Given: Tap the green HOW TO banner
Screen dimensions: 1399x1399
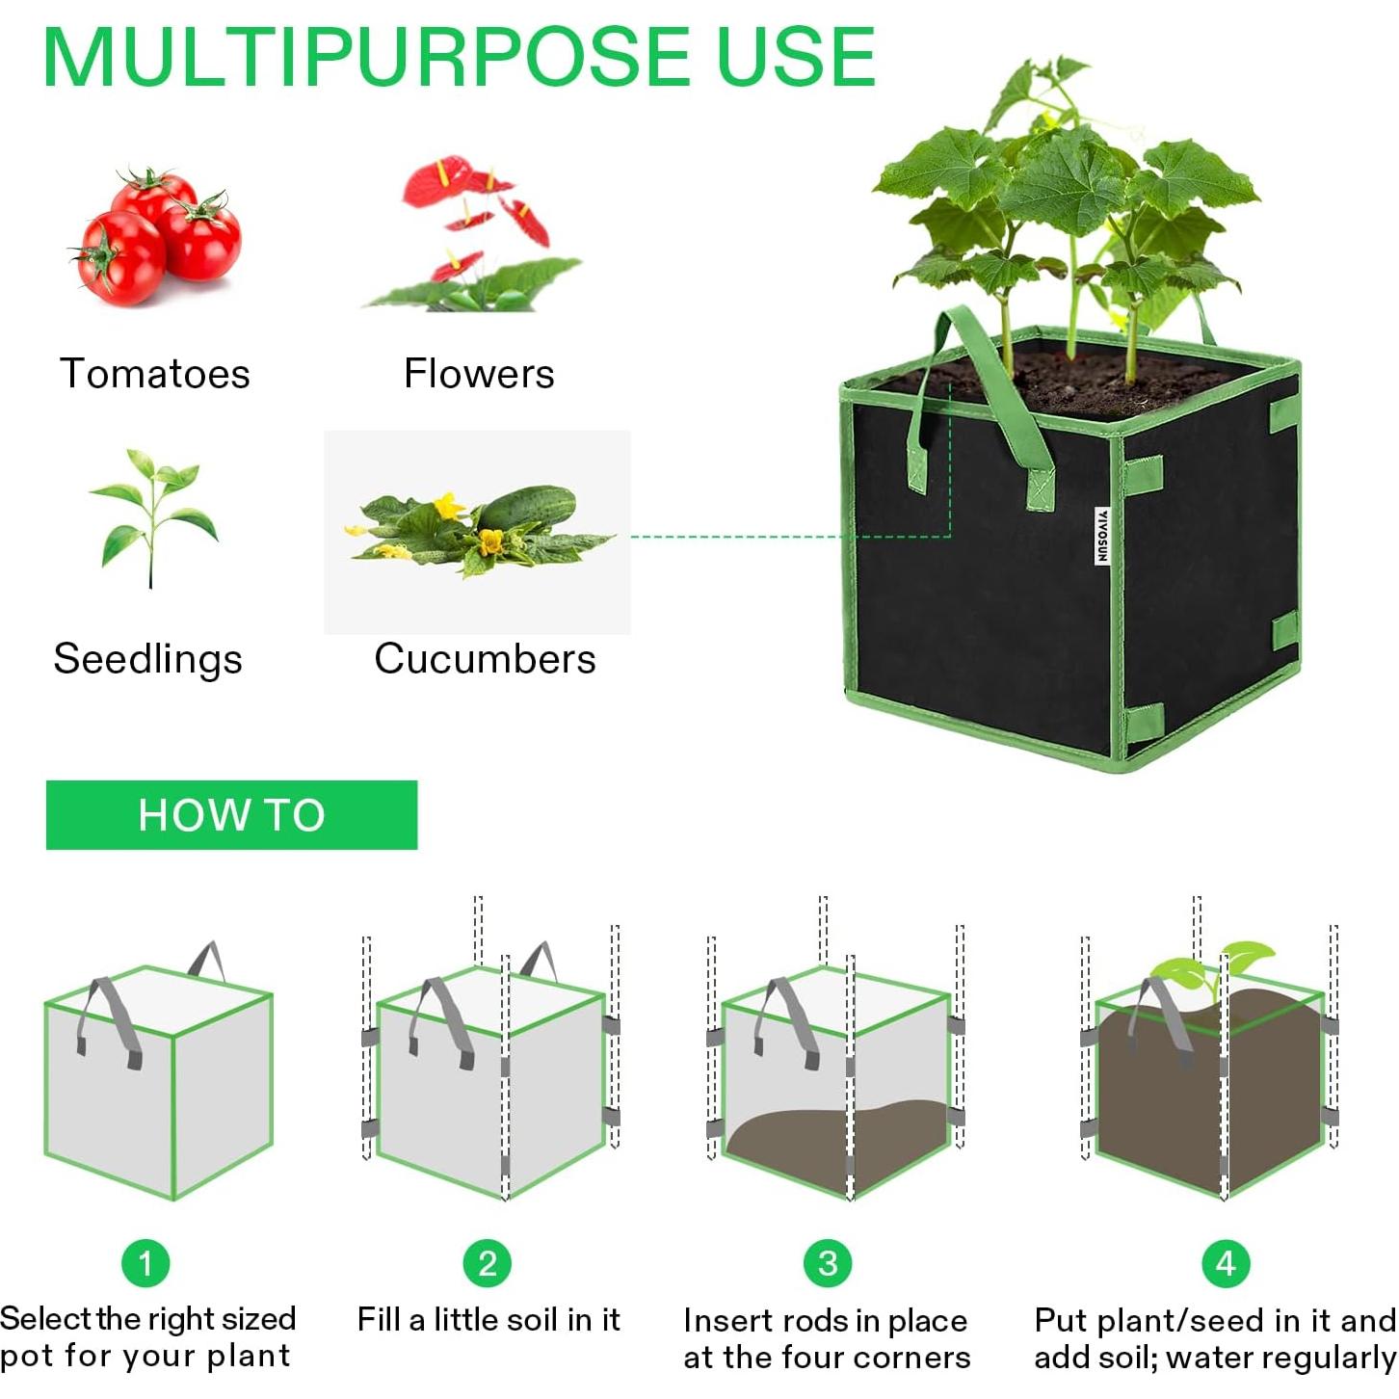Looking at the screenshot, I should click(x=231, y=815).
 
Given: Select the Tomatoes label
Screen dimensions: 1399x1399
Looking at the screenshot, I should click(x=155, y=374).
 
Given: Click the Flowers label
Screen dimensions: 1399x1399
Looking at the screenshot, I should click(x=479, y=374).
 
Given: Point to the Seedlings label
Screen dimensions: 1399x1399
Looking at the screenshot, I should click(x=148, y=660).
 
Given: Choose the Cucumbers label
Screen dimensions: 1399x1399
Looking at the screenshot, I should click(x=485, y=660).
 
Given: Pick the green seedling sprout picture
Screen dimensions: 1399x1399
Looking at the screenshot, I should click(x=153, y=515).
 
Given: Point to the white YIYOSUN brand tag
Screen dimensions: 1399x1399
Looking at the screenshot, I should click(x=1102, y=536).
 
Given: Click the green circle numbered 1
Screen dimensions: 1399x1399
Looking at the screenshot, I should click(x=145, y=1263).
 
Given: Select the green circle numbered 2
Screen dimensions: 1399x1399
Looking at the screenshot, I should click(x=488, y=1263).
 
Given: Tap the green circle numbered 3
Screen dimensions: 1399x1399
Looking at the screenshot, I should click(x=828, y=1263).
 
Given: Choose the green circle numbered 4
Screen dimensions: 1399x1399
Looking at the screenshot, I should click(x=1226, y=1263).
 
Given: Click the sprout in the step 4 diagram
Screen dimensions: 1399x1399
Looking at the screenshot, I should click(x=1214, y=968).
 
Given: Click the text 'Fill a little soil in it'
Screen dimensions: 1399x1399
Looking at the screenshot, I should click(x=488, y=1319).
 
